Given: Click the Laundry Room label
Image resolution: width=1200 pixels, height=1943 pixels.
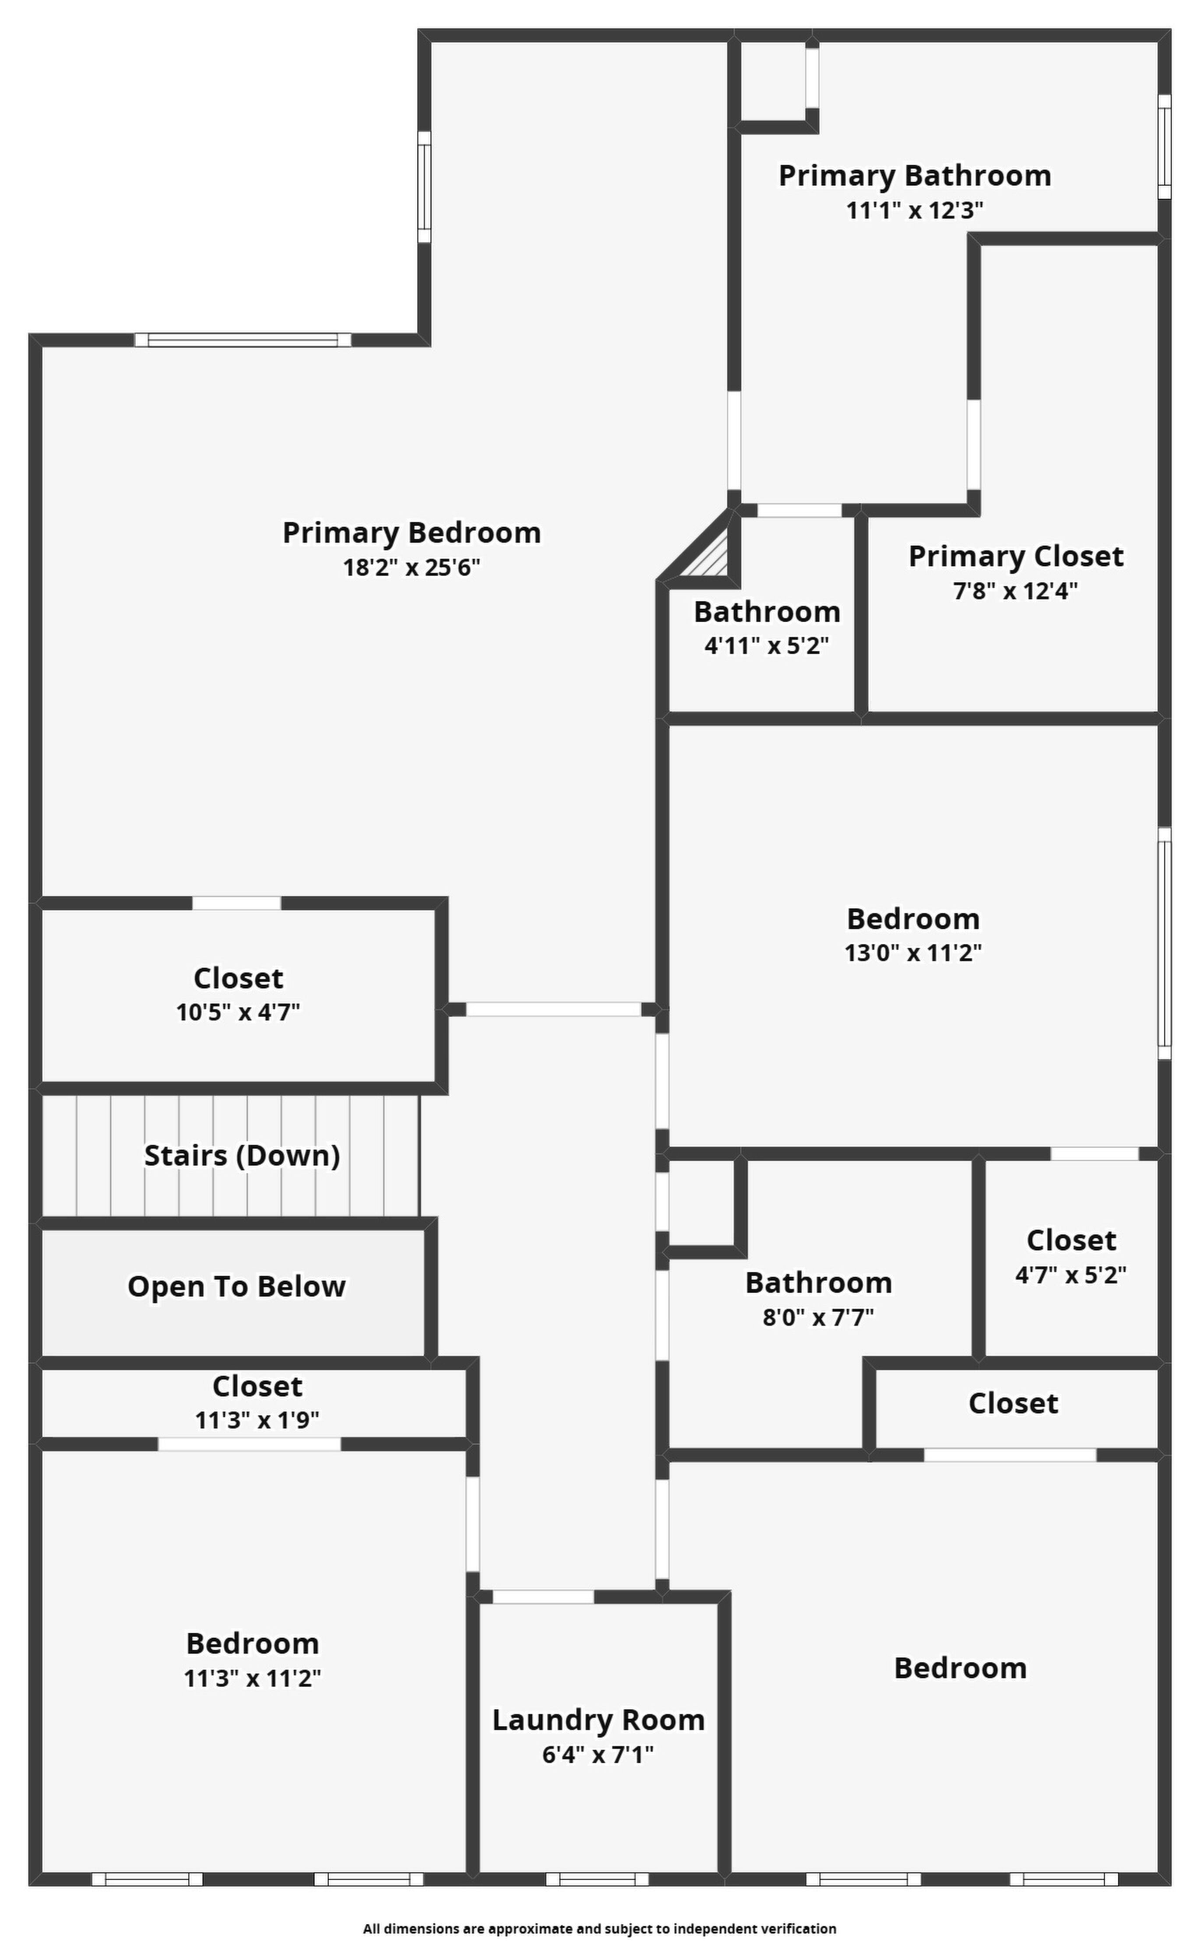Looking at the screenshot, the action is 598,1720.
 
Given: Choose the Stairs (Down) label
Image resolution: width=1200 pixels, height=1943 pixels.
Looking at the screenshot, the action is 242,1156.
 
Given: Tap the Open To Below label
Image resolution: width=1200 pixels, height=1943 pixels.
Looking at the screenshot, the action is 236,1287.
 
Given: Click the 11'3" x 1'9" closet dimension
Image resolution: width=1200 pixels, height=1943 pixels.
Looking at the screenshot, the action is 257,1420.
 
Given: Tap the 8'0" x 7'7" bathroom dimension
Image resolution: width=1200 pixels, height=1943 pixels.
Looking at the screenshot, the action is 818,1318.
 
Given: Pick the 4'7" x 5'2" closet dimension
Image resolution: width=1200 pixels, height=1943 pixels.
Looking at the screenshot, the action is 1071,1275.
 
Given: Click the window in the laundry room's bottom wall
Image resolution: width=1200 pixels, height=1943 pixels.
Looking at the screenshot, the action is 597,1880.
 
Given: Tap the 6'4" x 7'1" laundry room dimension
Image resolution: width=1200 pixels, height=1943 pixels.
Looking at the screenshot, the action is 598,1754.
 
